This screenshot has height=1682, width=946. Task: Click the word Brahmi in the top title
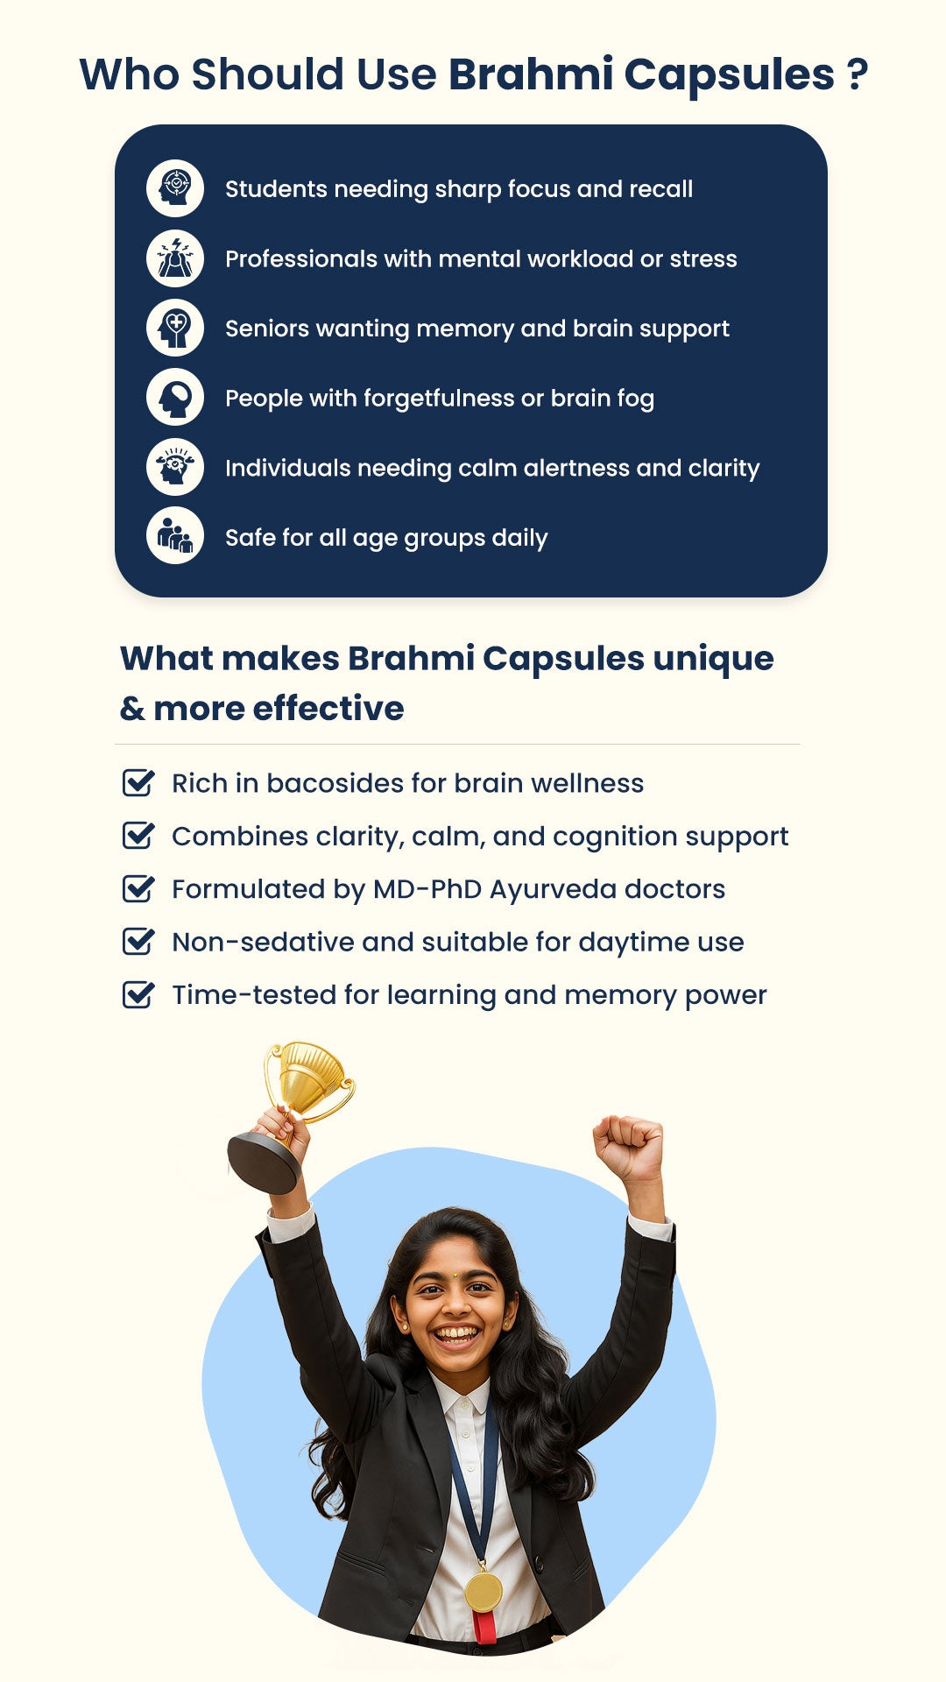[x=531, y=74]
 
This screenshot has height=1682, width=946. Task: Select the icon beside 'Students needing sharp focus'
[x=175, y=188]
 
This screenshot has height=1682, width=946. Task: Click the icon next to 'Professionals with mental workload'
[x=175, y=258]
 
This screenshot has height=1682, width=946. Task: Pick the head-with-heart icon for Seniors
[x=175, y=328]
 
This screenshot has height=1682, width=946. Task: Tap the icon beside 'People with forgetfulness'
[x=175, y=398]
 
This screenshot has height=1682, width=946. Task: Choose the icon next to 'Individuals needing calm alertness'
[x=175, y=467]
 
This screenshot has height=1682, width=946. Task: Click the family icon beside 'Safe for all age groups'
[x=175, y=536]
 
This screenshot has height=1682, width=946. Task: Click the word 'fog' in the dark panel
[x=636, y=399]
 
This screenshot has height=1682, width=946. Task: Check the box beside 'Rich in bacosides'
[x=138, y=782]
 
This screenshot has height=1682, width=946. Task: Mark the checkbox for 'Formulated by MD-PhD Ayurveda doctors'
[x=138, y=888]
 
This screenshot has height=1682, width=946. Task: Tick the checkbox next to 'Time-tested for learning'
[x=138, y=994]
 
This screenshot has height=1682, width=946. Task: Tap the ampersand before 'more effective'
[x=132, y=709]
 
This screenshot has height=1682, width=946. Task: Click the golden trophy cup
[x=307, y=1080]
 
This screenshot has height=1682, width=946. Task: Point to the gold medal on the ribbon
[x=484, y=1592]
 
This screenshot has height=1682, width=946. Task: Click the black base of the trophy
[x=264, y=1163]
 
